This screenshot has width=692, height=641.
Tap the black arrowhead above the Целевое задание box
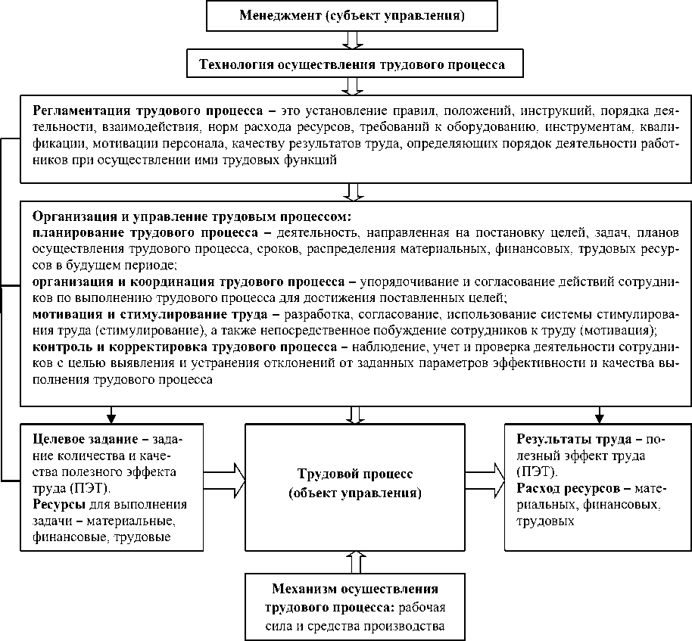click(x=111, y=415)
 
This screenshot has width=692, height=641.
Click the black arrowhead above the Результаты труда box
click(x=598, y=415)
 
